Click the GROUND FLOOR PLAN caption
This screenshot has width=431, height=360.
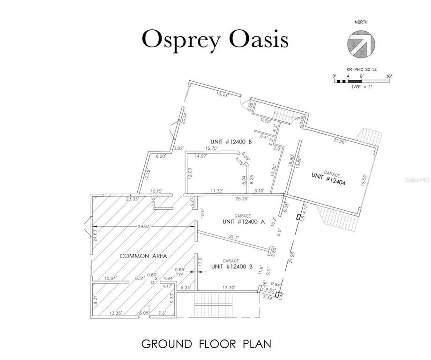pyautogui.click(x=206, y=344)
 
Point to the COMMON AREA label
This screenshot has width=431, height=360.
pyautogui.click(x=143, y=256)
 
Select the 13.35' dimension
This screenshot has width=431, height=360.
pyautogui.click(x=115, y=313)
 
